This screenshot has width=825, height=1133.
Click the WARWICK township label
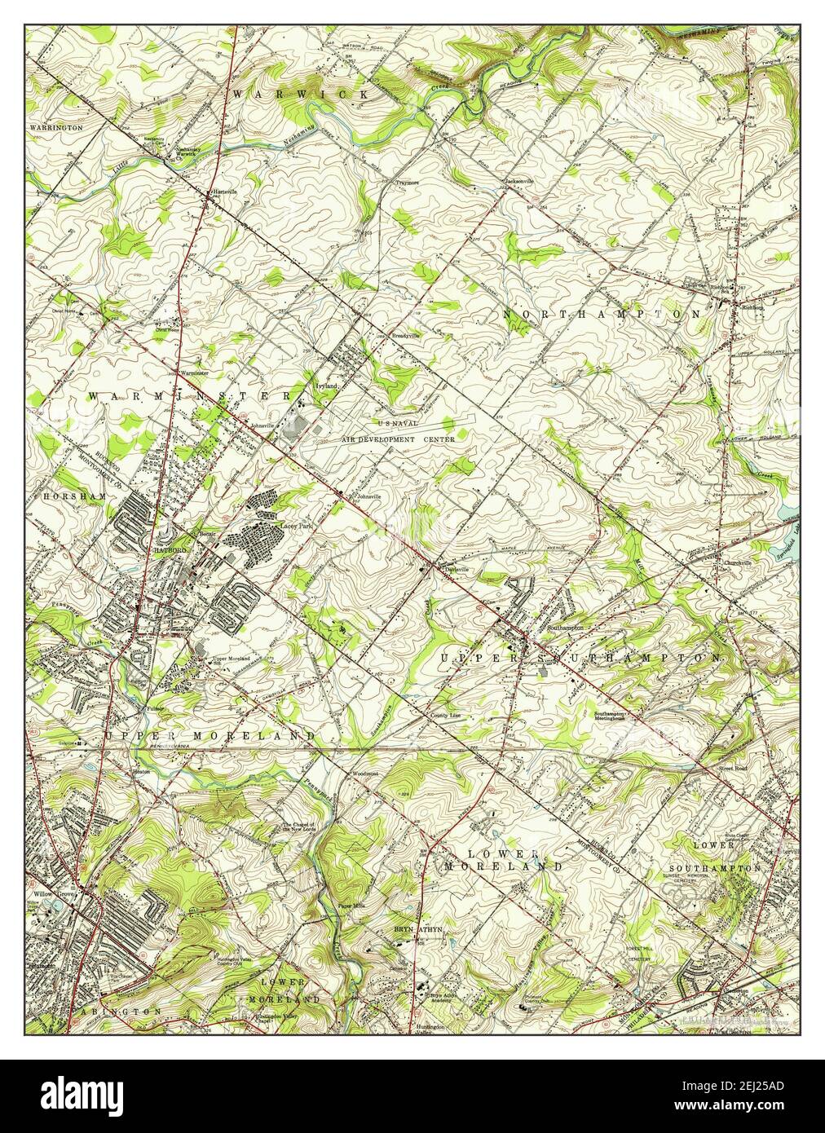click(x=300, y=95)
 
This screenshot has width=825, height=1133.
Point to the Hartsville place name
click(x=224, y=192)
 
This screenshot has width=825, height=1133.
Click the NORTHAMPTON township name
click(x=602, y=314)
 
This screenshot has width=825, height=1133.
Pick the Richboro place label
click(x=752, y=307)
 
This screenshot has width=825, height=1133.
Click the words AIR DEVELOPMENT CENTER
click(x=398, y=439)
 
